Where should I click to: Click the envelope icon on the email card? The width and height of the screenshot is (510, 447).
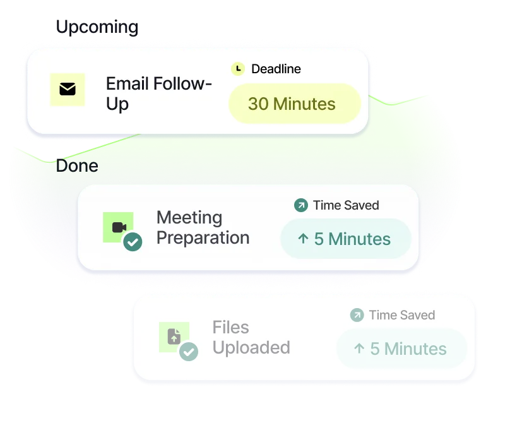[68, 90]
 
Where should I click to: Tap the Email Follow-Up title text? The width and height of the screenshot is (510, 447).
[158, 93]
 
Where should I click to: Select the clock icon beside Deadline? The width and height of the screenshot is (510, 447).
[238, 69]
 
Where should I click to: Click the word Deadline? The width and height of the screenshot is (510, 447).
[276, 69]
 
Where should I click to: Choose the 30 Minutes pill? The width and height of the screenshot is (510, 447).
[294, 104]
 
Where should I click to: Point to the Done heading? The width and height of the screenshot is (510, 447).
[77, 166]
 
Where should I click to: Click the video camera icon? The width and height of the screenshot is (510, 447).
[119, 227]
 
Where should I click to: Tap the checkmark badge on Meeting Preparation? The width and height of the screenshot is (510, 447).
[133, 242]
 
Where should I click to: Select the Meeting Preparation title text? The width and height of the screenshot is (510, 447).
[203, 228]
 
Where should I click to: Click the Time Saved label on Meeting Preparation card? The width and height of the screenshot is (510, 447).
[346, 205]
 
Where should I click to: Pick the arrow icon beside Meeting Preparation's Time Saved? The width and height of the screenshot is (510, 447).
[301, 205]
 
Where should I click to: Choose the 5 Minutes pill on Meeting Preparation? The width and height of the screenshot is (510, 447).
[345, 239]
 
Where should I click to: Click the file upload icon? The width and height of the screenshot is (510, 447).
[174, 337]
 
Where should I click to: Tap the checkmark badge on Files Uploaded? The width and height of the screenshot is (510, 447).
[188, 352]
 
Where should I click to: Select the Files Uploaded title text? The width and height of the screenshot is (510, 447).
[251, 338]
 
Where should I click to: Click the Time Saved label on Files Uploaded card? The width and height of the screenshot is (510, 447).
[402, 315]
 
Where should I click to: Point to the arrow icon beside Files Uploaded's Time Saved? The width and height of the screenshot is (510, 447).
[357, 315]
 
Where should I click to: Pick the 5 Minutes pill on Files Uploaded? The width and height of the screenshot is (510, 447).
[401, 349]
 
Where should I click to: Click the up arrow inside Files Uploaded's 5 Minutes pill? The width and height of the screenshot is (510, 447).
[359, 349]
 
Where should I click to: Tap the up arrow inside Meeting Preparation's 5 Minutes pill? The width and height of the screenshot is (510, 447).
[303, 239]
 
